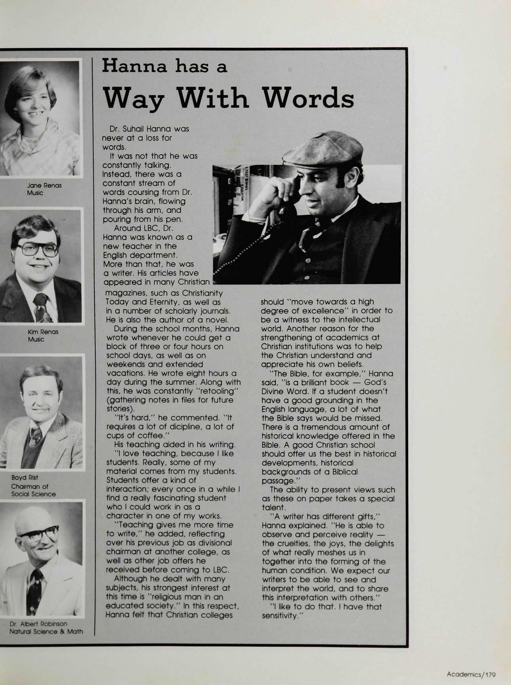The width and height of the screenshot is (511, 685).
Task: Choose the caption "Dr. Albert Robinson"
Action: click(38, 623)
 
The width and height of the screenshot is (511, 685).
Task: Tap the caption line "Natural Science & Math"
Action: click(46, 631)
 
